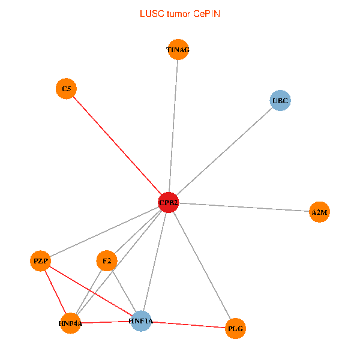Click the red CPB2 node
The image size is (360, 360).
[x=169, y=203]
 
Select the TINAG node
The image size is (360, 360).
[x=178, y=50]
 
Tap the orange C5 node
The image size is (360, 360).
[x=66, y=89]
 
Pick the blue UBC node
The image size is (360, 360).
[x=280, y=100]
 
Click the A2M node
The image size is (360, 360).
[x=320, y=212]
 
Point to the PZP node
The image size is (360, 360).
[x=40, y=261]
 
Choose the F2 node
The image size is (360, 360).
[x=106, y=261]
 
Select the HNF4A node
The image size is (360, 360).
[x=70, y=323]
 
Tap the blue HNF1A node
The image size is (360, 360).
[x=141, y=321]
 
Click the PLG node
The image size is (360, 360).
[x=236, y=328]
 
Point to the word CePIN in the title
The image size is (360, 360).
[x=206, y=13]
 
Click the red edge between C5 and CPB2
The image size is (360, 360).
[x=117, y=146]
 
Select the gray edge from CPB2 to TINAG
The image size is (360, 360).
[x=173, y=126]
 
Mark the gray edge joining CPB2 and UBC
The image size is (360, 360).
[x=224, y=151]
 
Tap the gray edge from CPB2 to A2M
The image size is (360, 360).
[x=244, y=207]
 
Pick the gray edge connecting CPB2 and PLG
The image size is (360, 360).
[x=202, y=265]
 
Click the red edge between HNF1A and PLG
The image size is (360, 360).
[x=188, y=325]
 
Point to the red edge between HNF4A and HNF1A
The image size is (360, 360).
[x=106, y=322]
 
